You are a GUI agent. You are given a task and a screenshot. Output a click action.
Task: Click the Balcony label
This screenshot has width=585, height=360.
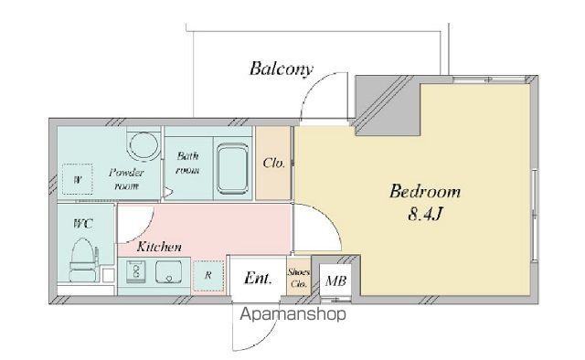tap(281, 69)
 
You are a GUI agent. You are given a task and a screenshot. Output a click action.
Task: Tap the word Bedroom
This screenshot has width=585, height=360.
tap(425, 192)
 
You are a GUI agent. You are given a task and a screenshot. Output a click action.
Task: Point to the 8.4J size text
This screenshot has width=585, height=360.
tap(425, 214)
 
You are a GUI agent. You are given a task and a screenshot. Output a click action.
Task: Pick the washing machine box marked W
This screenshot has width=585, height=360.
tap(77, 179)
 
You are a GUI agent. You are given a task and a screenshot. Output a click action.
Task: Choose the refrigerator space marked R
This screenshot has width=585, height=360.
tap(207, 276)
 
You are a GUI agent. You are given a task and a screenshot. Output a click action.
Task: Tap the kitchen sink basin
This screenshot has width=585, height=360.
tap(168, 271)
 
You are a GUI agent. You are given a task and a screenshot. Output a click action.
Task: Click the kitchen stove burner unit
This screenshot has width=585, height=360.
tap(135, 271)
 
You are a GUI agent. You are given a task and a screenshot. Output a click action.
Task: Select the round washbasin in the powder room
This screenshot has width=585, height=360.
tap(143, 146)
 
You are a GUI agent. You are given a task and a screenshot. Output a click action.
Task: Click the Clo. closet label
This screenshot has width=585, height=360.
tap(273, 163)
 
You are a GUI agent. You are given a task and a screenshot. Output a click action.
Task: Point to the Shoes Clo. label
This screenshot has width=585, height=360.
tap(299, 278)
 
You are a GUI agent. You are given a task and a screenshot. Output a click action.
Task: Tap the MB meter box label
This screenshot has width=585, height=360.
tap(335, 281)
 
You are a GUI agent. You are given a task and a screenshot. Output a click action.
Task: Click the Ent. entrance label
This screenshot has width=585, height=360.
tap(258, 278)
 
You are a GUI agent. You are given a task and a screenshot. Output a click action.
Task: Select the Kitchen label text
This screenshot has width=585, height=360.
tap(159, 247)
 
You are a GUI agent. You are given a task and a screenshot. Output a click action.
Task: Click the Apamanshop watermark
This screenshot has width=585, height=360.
tap(292, 314)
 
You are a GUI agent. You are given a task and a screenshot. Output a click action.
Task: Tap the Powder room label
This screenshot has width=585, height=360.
tap(126, 179)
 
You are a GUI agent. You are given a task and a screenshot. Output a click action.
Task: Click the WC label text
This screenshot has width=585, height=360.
tap(83, 224)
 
